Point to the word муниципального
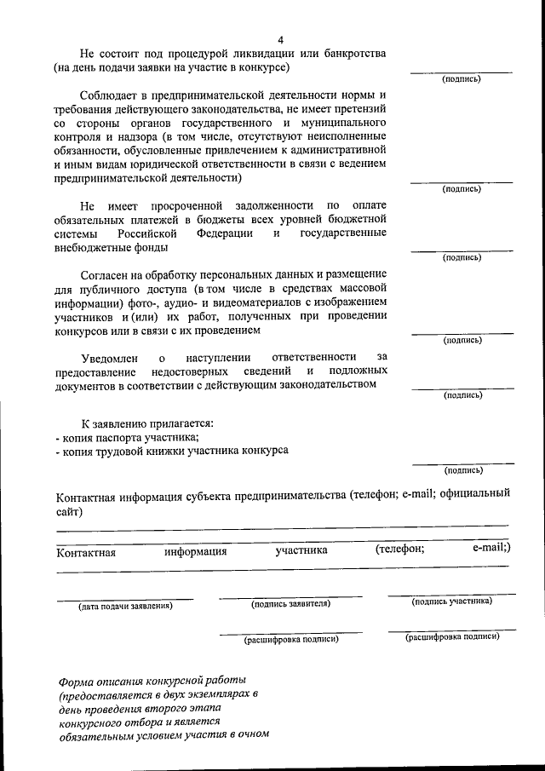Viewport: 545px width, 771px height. click(341, 123)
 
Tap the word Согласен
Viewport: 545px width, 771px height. click(106, 275)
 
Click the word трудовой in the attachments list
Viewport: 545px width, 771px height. click(120, 451)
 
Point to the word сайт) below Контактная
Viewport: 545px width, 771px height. click(70, 511)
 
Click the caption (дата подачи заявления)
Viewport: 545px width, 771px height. click(125, 607)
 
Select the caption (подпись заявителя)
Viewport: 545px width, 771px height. click(290, 604)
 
